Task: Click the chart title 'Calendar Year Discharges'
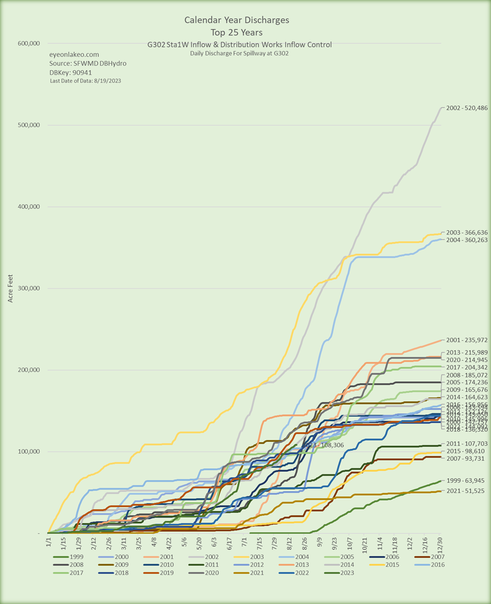pos(237,21)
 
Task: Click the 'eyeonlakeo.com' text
pos(74,55)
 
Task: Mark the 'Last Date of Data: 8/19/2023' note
pos(86,81)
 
